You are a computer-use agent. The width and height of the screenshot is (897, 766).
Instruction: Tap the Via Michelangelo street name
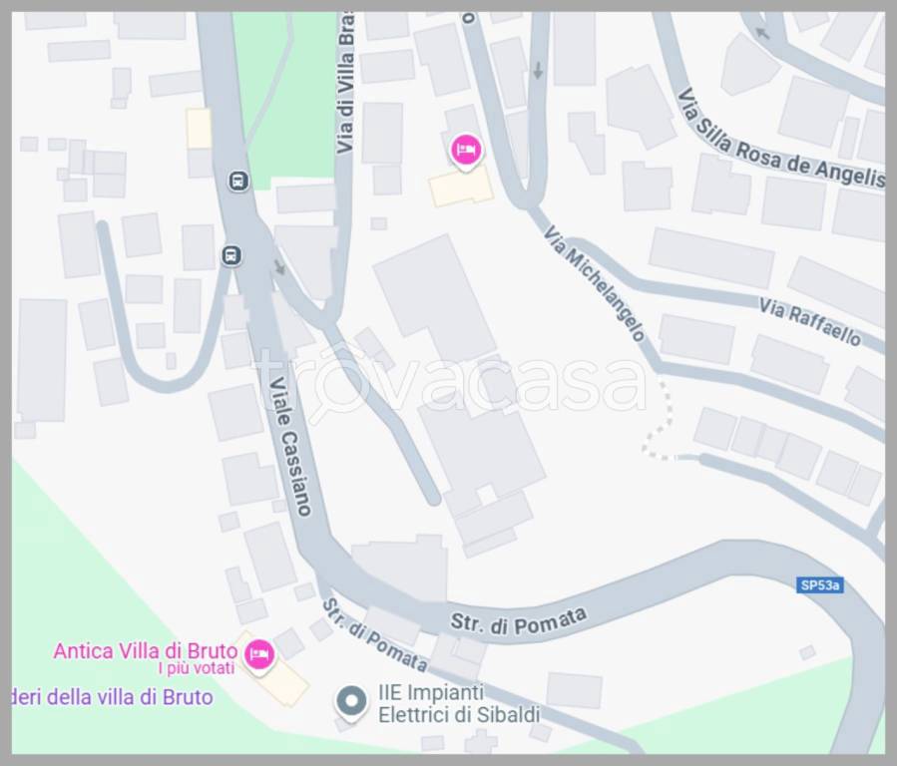[x=595, y=282]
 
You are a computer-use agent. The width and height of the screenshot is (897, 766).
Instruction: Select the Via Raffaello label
[x=809, y=321]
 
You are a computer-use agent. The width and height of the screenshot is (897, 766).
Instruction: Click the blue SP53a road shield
[x=820, y=585]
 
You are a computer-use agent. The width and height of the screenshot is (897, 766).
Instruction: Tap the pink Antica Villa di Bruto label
[x=145, y=651]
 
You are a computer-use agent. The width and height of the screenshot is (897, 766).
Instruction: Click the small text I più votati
[x=196, y=668]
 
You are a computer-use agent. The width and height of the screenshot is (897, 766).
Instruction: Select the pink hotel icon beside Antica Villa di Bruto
[x=258, y=654]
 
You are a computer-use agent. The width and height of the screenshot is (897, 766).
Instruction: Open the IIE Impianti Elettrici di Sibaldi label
[x=458, y=703]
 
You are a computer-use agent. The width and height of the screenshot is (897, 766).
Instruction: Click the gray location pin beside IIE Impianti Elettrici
[x=350, y=702]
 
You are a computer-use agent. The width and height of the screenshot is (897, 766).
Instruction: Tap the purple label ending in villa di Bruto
[x=112, y=697]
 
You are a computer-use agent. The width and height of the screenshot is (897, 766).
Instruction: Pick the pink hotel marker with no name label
[x=465, y=150]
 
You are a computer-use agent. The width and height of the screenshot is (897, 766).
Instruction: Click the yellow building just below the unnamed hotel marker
[x=460, y=187]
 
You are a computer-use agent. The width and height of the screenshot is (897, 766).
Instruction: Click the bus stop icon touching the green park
[x=238, y=181]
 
